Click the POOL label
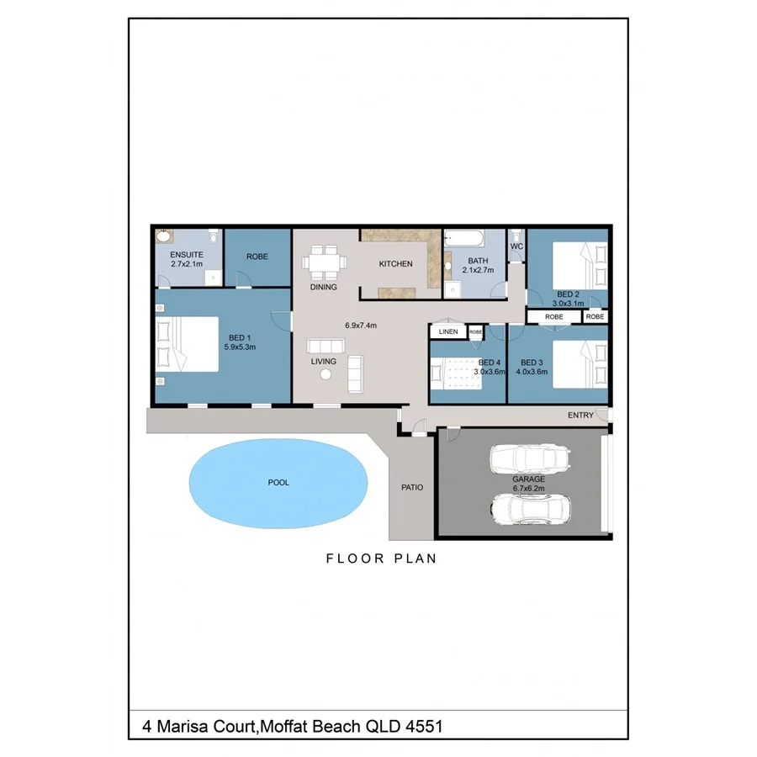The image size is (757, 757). (x=278, y=483)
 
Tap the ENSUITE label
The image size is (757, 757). (x=185, y=254)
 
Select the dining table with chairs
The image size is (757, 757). (x=324, y=262)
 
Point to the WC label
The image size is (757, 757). (x=517, y=246)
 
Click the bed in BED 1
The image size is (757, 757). (x=189, y=343)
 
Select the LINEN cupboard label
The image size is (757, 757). (x=448, y=332)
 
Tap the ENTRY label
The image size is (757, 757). (x=580, y=416)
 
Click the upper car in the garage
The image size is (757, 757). (x=532, y=459)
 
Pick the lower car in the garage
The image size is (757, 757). (x=532, y=508)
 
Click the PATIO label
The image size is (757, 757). (x=412, y=487)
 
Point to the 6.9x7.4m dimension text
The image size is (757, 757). (x=361, y=325)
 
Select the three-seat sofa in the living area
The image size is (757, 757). (x=326, y=346)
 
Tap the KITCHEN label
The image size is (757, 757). (x=395, y=264)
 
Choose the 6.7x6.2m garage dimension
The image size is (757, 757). (x=529, y=488)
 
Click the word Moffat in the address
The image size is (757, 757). (x=286, y=725)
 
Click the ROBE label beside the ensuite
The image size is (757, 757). (x=257, y=257)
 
